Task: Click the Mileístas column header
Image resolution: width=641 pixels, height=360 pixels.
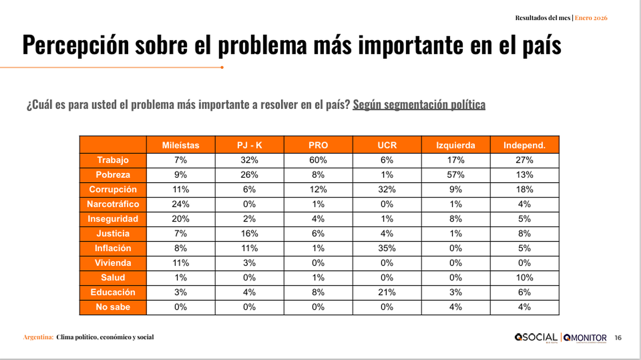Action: click(181, 145)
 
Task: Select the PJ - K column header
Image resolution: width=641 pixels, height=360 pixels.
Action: click(249, 145)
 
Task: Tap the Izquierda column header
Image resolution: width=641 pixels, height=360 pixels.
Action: click(456, 145)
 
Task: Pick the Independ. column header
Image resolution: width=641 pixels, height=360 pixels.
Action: click(525, 145)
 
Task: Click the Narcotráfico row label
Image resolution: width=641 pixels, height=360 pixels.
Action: click(113, 204)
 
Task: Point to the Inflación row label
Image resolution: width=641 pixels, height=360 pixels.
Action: click(113, 248)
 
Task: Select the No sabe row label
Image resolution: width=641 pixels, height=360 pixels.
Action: click(113, 307)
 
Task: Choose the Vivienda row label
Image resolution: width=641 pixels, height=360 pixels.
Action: click(113, 263)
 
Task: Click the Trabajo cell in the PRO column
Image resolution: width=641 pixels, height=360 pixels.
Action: click(318, 160)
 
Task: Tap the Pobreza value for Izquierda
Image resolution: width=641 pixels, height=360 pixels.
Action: click(456, 175)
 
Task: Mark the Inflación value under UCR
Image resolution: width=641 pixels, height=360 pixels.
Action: click(387, 248)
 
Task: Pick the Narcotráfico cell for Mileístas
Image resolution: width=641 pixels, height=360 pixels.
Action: click(181, 204)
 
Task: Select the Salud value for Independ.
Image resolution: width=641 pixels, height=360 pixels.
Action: click(525, 278)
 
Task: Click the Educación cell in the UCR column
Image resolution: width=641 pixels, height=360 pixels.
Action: click(387, 292)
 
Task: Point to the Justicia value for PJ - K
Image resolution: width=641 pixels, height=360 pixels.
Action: click(249, 233)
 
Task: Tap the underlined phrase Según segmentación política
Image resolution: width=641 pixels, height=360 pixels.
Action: click(419, 105)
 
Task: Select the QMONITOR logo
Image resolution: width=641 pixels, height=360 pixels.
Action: click(584, 337)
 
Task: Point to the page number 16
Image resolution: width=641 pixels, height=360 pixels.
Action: click(618, 338)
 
